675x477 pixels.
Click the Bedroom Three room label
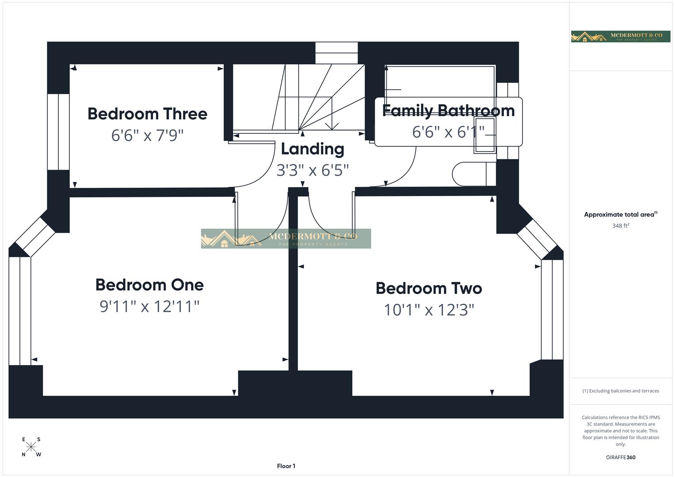147,114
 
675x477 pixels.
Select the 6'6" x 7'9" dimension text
147,135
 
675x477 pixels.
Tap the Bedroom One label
149,285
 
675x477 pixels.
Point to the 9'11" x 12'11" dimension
149,306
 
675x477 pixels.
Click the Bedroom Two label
428,288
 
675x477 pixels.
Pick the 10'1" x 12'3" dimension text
428,310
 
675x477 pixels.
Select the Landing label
313,149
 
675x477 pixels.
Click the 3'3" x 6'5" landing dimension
313,170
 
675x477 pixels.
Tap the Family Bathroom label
448,111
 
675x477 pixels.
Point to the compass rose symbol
31,447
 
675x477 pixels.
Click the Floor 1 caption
286,466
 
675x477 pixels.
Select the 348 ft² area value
620,226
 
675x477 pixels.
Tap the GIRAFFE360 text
620,458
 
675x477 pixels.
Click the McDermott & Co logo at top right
620,36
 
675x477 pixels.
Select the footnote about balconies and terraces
620,391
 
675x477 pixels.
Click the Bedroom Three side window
58,132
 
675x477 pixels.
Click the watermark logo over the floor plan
286,238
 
